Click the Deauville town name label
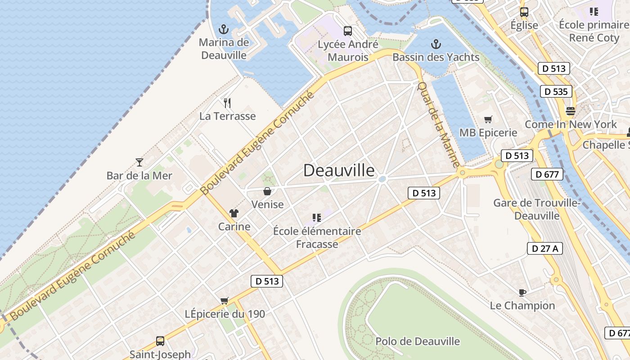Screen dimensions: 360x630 [x=338, y=171]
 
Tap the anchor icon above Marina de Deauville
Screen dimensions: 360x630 [x=224, y=30]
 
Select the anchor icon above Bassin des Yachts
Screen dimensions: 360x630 [x=436, y=44]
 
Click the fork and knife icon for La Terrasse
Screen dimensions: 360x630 [x=227, y=103]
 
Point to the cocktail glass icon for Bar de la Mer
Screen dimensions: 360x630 [x=139, y=162]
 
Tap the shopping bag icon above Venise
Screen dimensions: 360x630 [x=267, y=191]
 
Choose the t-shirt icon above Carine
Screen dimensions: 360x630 [x=234, y=213]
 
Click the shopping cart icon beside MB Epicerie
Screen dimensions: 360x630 [x=488, y=120]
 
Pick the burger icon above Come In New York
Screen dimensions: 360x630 [x=571, y=111]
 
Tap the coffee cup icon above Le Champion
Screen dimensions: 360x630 [x=522, y=292]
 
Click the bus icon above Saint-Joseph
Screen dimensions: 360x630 [x=160, y=341]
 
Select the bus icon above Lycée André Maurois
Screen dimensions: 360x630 [x=347, y=31]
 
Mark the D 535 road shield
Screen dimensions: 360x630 [x=556, y=92]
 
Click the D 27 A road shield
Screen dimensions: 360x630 [x=544, y=248]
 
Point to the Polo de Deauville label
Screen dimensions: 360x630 [x=418, y=342]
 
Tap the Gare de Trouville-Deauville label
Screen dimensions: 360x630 [x=536, y=209]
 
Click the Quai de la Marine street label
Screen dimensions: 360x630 [x=438, y=125]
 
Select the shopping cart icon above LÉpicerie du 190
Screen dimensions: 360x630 [x=224, y=301]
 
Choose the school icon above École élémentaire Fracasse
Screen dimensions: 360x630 [x=317, y=218]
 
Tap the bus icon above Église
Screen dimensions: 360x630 [x=524, y=12]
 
